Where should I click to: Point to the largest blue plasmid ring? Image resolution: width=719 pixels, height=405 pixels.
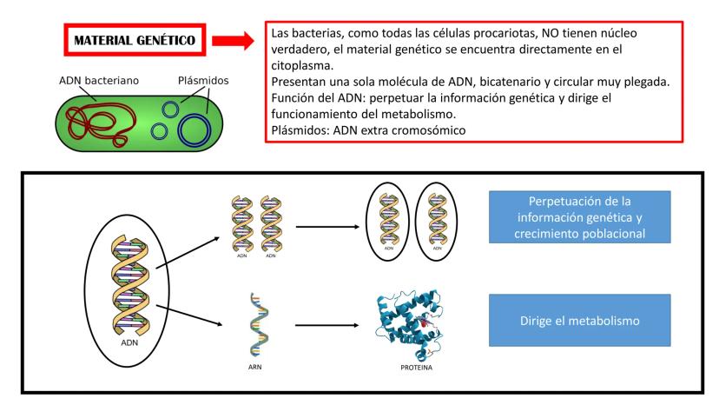point(195,127)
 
